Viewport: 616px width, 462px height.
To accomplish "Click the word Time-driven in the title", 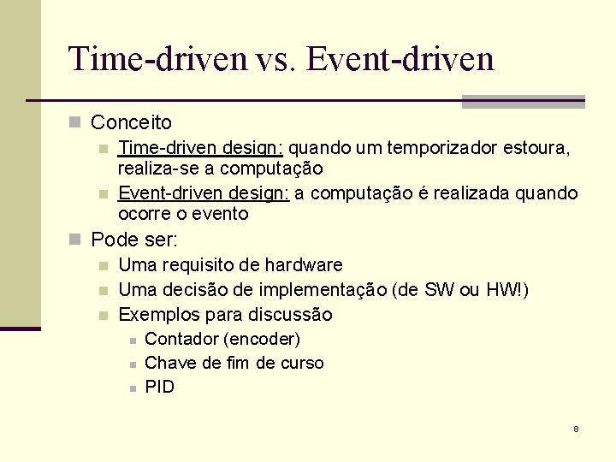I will [x=157, y=59].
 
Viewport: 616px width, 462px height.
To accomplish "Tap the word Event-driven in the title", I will [x=400, y=59].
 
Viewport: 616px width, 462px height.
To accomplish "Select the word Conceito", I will [x=131, y=123].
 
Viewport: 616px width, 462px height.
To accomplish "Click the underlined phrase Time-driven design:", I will [x=200, y=149].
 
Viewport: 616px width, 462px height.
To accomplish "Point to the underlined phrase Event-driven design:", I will [x=204, y=193].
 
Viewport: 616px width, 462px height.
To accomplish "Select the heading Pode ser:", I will [x=133, y=240].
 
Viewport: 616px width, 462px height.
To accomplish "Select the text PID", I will [x=160, y=387].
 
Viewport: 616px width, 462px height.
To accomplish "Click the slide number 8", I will [x=576, y=428].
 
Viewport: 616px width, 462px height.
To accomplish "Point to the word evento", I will [x=219, y=213].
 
